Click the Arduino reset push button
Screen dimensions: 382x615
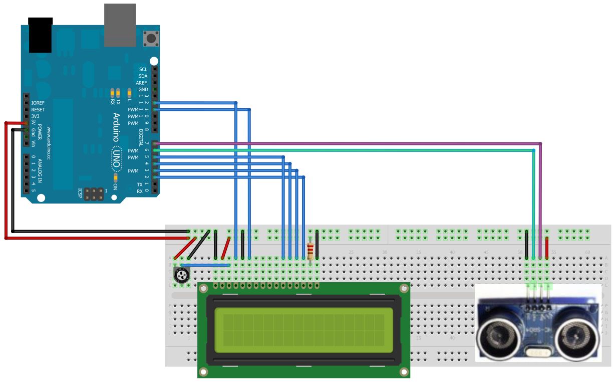[x=149, y=38]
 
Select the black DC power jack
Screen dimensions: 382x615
[x=41, y=35]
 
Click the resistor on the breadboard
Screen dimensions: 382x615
[x=311, y=249]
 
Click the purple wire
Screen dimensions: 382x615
[x=351, y=143]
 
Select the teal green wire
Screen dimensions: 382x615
[x=351, y=150]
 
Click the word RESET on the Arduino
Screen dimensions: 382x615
[x=38, y=110]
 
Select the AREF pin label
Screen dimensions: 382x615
[x=141, y=83]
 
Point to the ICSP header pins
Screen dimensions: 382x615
[x=95, y=194]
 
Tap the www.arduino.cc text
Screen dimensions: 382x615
[x=49, y=143]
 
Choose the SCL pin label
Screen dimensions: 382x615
[x=143, y=70]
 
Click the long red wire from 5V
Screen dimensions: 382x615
[x=6, y=180]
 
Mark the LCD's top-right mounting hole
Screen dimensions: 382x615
[x=404, y=289]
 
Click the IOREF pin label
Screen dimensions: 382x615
[x=38, y=103]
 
